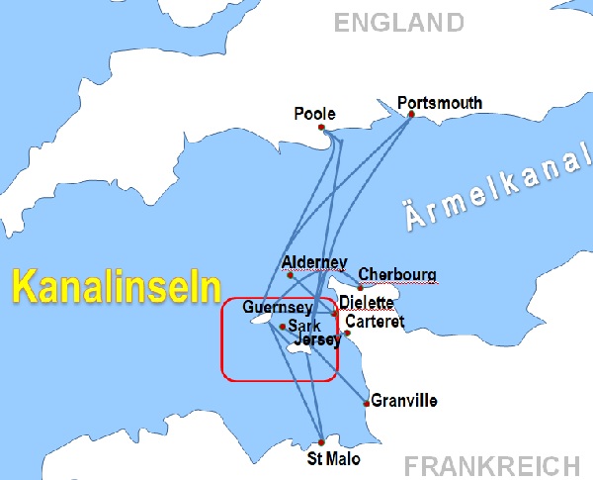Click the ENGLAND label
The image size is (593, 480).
pyautogui.click(x=398, y=22)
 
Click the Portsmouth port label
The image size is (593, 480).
pyautogui.click(x=439, y=102)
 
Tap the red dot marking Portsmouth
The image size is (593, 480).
pyautogui.click(x=410, y=115)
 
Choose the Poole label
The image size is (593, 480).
pyautogui.click(x=314, y=114)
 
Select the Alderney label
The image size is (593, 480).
pyautogui.click(x=314, y=261)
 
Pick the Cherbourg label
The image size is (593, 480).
pyautogui.click(x=396, y=274)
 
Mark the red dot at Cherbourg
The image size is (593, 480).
pyautogui.click(x=361, y=287)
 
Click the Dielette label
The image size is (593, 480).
pyautogui.click(x=366, y=302)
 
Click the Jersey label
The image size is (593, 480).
pyautogui.click(x=318, y=339)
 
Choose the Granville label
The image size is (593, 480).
pyautogui.click(x=403, y=401)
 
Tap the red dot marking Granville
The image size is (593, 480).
pyautogui.click(x=368, y=403)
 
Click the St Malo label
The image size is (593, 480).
pyautogui.click(x=334, y=459)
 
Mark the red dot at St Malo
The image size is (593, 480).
pyautogui.click(x=321, y=441)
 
